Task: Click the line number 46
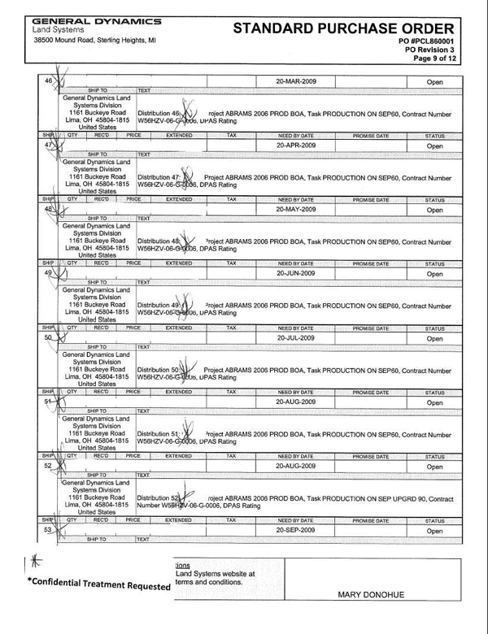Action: click(x=47, y=81)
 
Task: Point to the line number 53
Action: click(x=48, y=528)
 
